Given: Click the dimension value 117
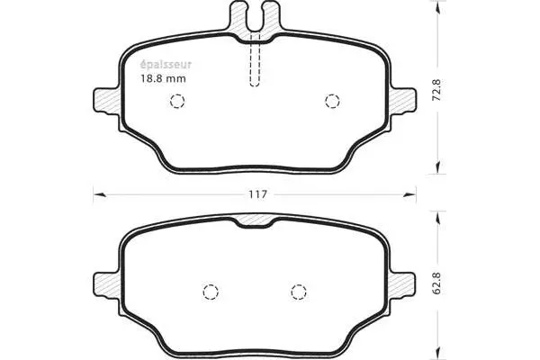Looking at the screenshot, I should pyautogui.click(x=257, y=194).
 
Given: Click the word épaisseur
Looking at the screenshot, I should pyautogui.click(x=165, y=64).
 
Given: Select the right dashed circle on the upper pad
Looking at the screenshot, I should pyautogui.click(x=332, y=101).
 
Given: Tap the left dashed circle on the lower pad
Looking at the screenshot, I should pyautogui.click(x=211, y=292).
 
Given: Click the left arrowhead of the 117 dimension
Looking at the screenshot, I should pyautogui.click(x=98, y=192).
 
